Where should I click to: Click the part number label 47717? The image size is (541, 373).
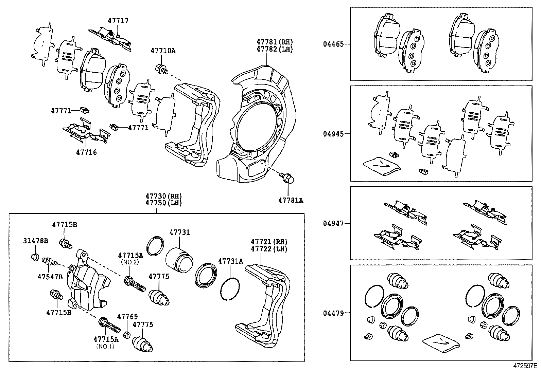pos(118,21)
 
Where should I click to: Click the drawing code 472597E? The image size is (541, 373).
pos(525,366)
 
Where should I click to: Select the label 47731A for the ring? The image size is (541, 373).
pos(230,261)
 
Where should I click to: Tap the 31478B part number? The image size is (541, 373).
pos(35,241)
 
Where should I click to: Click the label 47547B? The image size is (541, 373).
pos(50,277)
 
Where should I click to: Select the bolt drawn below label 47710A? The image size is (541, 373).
pos(161,70)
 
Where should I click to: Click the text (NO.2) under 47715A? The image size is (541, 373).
pos(130,262)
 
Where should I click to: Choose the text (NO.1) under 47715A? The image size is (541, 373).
pos(105,346)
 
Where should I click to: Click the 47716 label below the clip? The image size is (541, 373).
pos(86,152)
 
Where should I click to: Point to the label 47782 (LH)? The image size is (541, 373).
pos(274,49)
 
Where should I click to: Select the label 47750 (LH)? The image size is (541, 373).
pos(163,203)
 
